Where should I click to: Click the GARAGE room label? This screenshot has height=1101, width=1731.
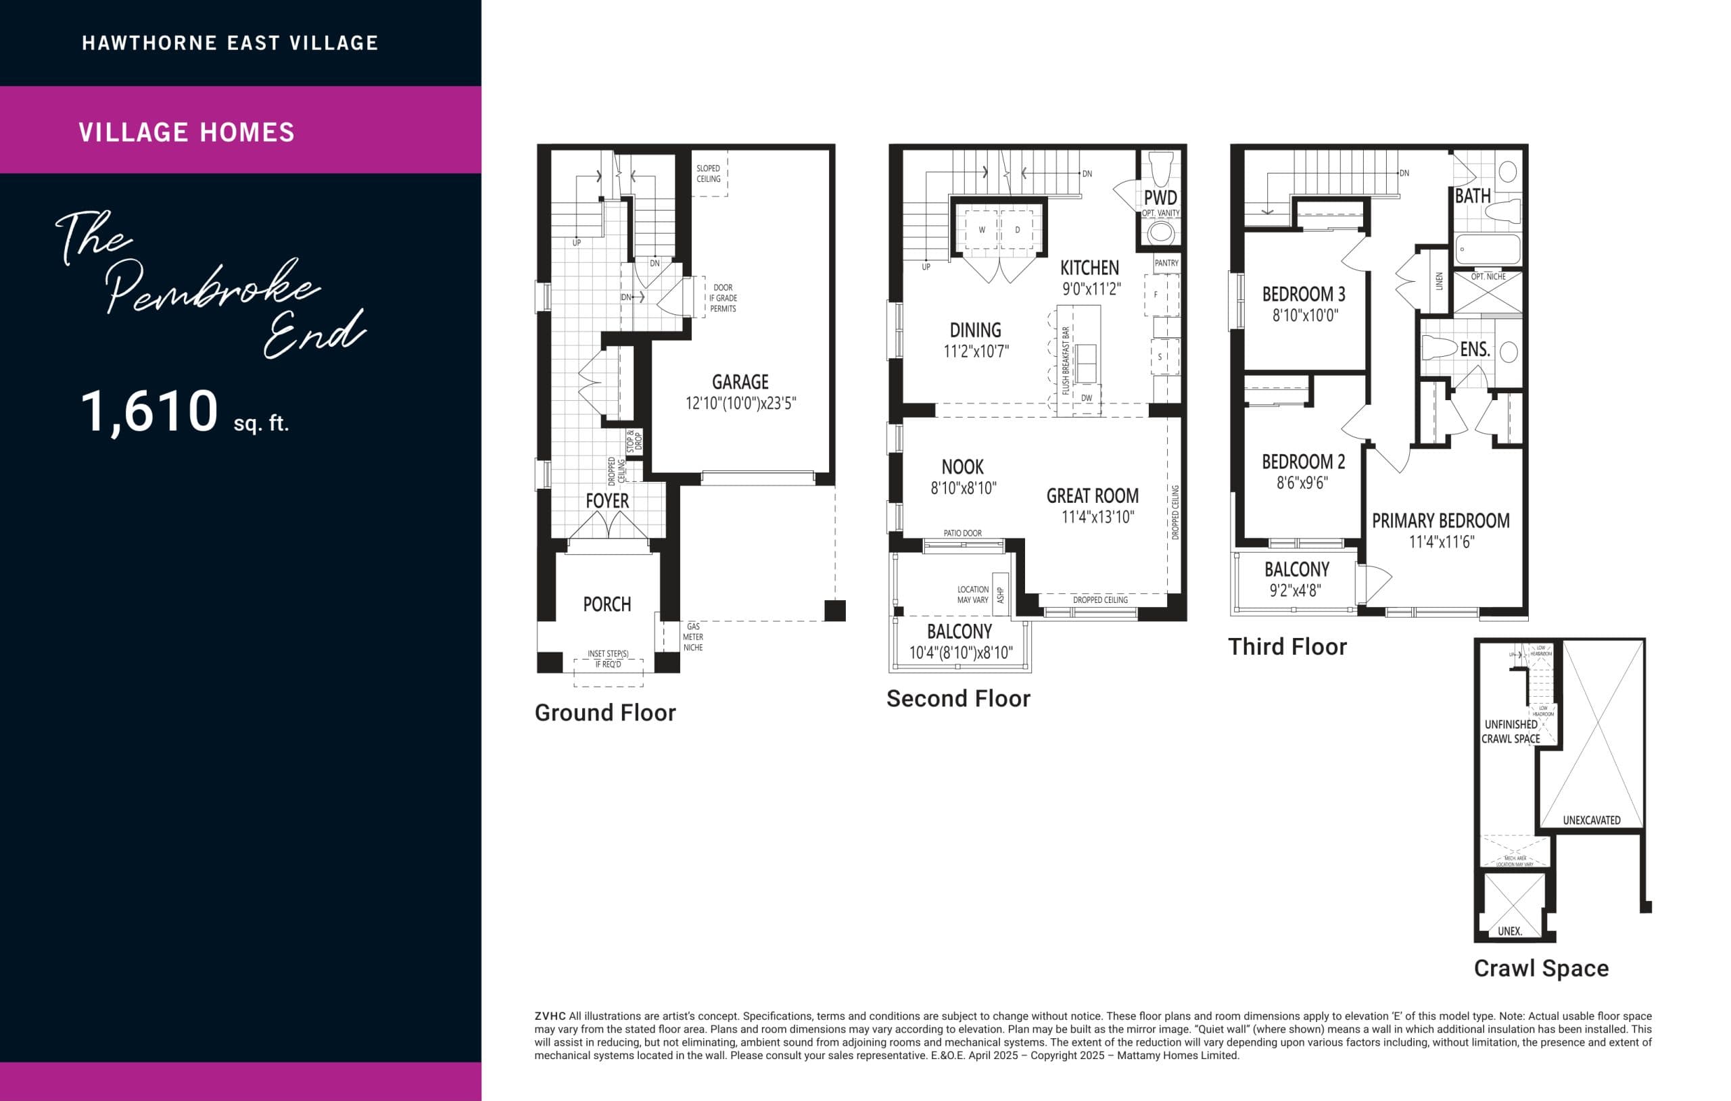coord(740,382)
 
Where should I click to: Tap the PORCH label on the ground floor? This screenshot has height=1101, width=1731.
coord(607,604)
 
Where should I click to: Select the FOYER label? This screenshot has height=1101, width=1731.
coord(607,501)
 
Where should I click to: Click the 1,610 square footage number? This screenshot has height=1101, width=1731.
coord(149,411)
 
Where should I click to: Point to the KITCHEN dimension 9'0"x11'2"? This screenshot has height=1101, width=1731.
coord(1091,289)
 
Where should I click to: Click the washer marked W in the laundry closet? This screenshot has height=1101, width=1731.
coord(981,230)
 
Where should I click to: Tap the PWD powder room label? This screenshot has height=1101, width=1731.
coord(1160,197)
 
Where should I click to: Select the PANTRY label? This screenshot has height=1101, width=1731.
coord(1166,263)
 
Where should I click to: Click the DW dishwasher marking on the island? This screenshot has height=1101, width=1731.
coord(1086,397)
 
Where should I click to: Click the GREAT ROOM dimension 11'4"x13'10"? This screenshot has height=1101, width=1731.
coord(1097,517)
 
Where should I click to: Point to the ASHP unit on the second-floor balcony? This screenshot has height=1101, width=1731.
coord(1001,594)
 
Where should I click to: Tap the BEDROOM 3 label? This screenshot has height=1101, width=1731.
coord(1303,294)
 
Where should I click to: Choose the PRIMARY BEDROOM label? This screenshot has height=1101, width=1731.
coord(1440,520)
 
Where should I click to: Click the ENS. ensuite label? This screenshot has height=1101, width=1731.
coord(1474,349)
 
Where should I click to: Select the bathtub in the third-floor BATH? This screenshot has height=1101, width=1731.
coord(1488,249)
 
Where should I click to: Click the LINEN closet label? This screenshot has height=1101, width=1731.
coord(1439,281)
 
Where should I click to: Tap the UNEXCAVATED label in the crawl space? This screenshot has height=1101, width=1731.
coord(1592,820)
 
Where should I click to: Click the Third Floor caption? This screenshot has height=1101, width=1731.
coord(1287,647)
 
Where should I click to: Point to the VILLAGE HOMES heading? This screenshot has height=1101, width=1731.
coord(186,132)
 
